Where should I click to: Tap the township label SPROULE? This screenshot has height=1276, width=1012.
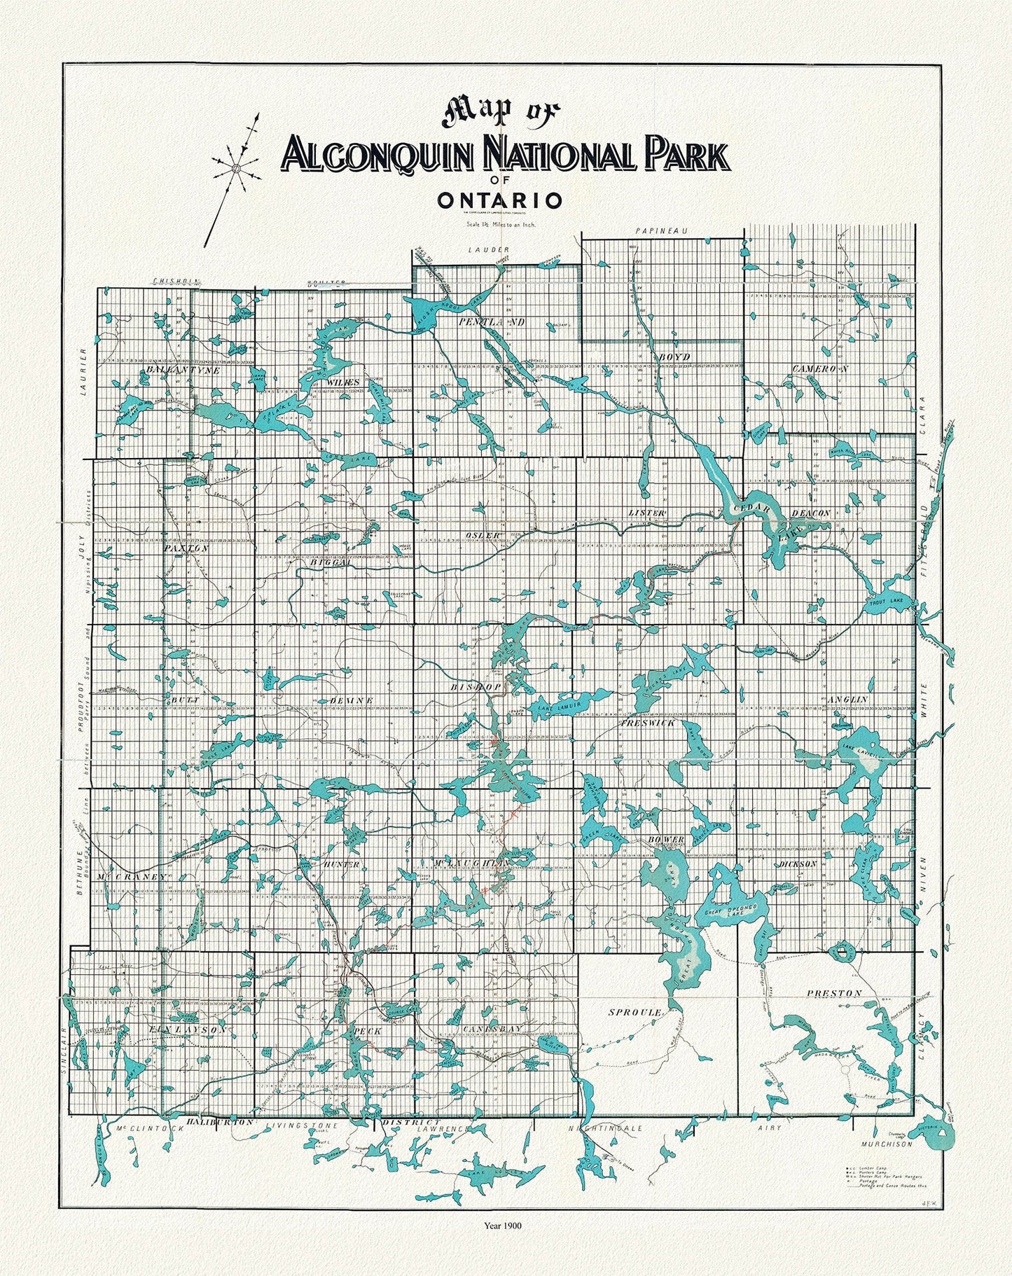coord(635,1013)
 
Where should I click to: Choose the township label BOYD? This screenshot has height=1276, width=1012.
coord(674,357)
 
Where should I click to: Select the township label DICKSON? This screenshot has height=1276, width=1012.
coord(798,864)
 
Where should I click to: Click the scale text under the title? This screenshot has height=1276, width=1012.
coord(499,225)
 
